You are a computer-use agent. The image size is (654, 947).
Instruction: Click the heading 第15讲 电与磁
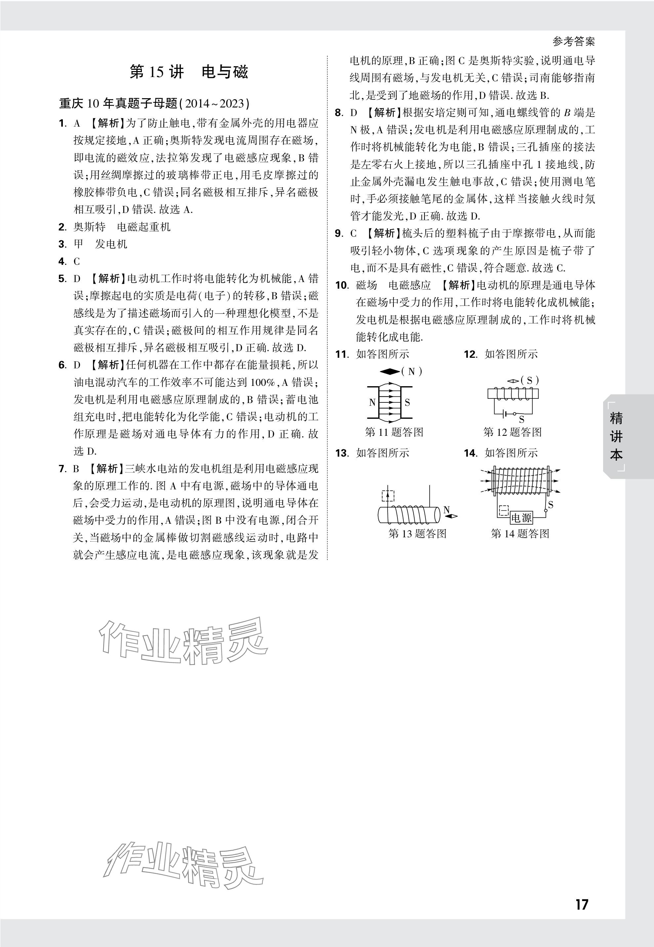coord(189,72)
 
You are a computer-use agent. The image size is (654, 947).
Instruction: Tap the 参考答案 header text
coord(573,41)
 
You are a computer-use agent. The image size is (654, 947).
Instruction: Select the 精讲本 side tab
coord(616,436)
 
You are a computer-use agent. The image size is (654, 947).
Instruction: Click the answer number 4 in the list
coord(62,262)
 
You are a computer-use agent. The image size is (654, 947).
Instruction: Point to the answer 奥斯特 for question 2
coord(89,227)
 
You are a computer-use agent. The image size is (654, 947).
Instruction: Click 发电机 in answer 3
coord(111,244)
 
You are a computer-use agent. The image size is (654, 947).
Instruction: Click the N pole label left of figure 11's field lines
coord(372,402)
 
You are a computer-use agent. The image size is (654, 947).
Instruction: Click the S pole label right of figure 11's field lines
coord(407,402)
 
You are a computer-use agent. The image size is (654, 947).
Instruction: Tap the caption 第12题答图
coord(512,432)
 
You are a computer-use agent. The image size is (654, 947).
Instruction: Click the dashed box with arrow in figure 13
coord(388,495)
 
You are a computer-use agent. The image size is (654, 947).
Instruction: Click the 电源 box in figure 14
coord(521,518)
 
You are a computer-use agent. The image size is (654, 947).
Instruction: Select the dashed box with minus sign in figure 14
coord(503,511)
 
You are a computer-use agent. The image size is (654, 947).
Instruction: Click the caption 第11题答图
coord(394,432)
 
